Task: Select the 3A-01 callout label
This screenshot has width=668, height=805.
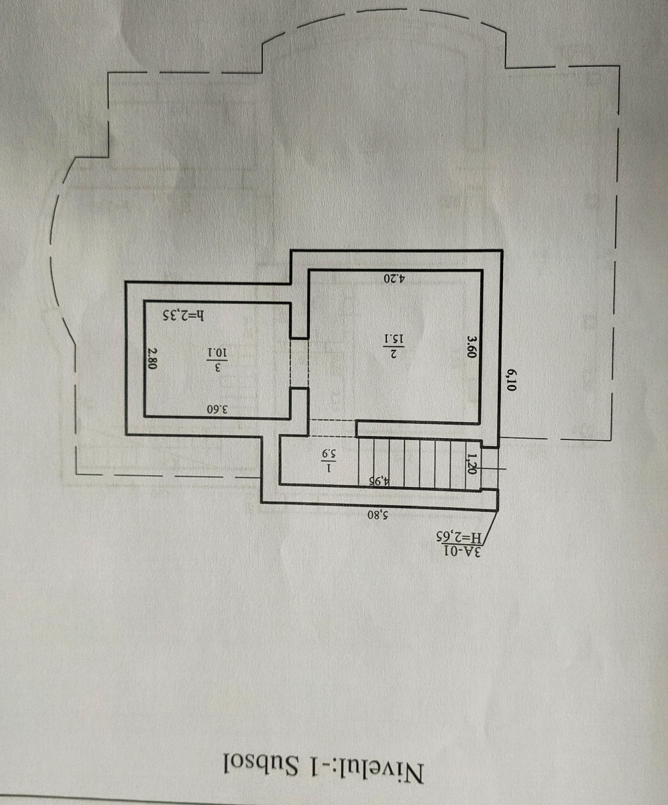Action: click(463, 551)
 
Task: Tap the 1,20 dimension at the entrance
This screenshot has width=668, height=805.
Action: click(471, 464)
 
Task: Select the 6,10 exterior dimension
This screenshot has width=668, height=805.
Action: click(511, 380)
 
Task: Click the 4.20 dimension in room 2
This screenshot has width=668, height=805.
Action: click(394, 278)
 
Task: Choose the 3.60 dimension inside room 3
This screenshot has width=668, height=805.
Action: click(217, 409)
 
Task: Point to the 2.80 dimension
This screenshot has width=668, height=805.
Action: click(153, 358)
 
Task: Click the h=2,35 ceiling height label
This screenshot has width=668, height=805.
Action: click(184, 315)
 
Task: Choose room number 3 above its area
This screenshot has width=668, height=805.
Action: click(218, 368)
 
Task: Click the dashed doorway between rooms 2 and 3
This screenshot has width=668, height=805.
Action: click(299, 364)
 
